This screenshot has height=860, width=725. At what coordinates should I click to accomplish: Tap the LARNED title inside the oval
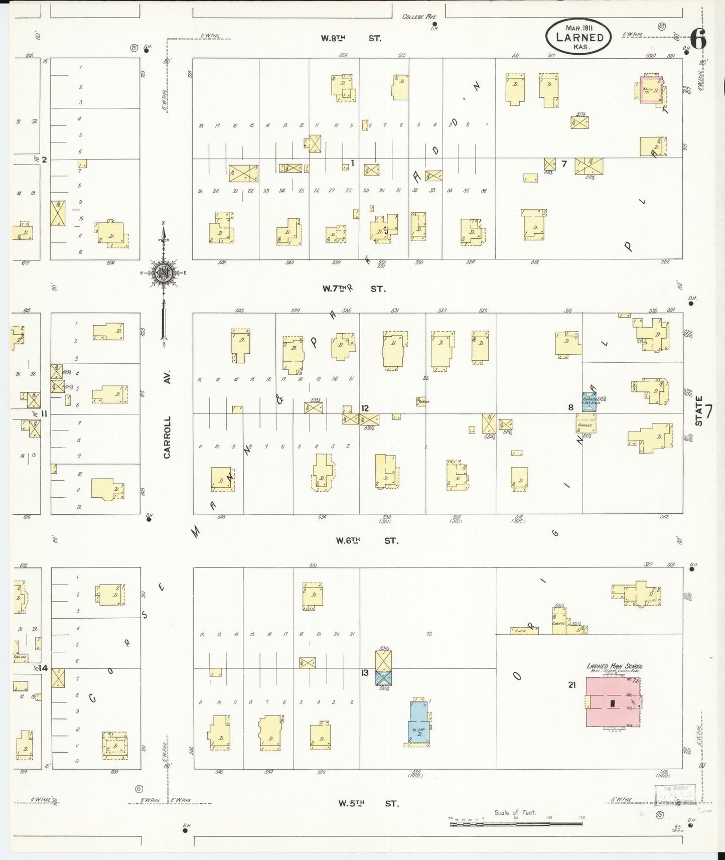tap(579, 38)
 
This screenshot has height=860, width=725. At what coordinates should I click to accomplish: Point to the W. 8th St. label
tap(352, 38)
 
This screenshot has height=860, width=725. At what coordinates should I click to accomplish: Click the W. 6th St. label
tap(367, 540)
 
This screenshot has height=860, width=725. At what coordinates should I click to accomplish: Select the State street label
tap(699, 410)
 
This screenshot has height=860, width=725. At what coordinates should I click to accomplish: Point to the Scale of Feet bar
tap(517, 821)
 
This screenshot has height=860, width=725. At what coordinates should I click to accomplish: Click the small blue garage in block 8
tap(589, 401)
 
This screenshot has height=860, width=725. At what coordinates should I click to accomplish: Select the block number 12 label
tap(365, 408)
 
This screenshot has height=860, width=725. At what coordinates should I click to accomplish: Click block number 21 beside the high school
tap(571, 684)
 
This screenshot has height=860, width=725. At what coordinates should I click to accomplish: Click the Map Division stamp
tap(675, 795)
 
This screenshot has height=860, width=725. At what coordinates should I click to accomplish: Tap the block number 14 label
tap(43, 668)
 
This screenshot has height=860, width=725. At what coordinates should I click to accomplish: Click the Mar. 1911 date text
tap(578, 28)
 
